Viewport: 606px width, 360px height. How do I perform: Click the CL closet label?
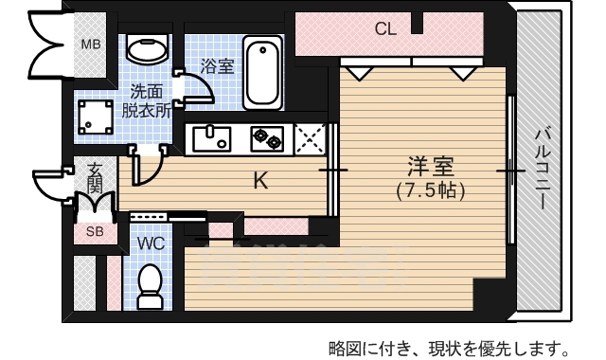click(x=384, y=29)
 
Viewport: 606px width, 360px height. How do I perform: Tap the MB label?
click(x=90, y=45)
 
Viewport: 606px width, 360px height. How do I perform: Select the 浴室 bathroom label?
click(x=217, y=66)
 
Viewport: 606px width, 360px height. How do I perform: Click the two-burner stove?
click(x=267, y=139)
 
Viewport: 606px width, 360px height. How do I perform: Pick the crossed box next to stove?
click(x=310, y=139)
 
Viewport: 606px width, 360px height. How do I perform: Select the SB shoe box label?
click(x=96, y=231)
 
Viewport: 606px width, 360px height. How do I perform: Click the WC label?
click(x=151, y=244)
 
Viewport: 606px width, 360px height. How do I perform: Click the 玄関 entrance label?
click(x=96, y=177)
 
